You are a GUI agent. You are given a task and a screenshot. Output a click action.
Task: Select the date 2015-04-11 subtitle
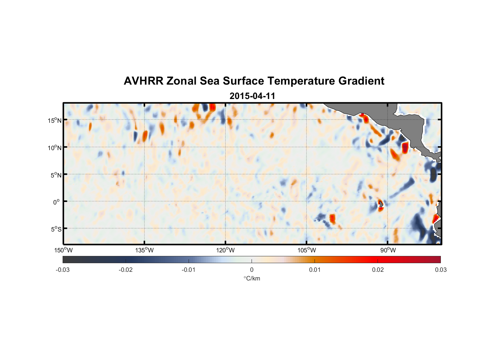tap(252, 96)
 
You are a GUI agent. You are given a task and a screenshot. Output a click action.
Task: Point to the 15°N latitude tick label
tap(55, 120)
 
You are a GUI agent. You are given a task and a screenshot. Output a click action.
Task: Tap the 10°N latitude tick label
tap(55, 148)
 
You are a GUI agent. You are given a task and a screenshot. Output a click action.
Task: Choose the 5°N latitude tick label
tap(56, 175)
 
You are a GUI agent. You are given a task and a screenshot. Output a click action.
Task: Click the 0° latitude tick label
tap(57, 202)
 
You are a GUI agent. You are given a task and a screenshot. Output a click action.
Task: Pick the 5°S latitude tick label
tap(56, 229)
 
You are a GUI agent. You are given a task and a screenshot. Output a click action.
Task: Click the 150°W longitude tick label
tap(64, 250)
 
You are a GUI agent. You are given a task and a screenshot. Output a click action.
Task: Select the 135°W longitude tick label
tap(145, 250)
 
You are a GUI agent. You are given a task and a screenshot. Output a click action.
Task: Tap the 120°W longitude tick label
tap(226, 250)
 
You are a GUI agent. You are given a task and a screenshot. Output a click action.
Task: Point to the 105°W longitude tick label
tap(307, 250)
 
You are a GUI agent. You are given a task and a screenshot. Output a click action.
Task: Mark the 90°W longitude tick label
tap(388, 250)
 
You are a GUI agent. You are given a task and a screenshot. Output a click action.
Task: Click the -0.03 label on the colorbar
tap(63, 270)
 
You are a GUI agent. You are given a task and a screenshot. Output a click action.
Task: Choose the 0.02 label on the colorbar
tap(378, 270)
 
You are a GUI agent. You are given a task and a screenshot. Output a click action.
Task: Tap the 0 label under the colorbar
tap(252, 270)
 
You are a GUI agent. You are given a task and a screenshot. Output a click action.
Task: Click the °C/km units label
tap(252, 278)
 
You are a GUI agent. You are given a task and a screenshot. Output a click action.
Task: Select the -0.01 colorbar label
tap(189, 270)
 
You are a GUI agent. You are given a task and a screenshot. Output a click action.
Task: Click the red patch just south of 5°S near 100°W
tap(332, 219)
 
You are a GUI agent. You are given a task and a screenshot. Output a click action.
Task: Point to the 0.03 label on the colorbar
tap(440, 270)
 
